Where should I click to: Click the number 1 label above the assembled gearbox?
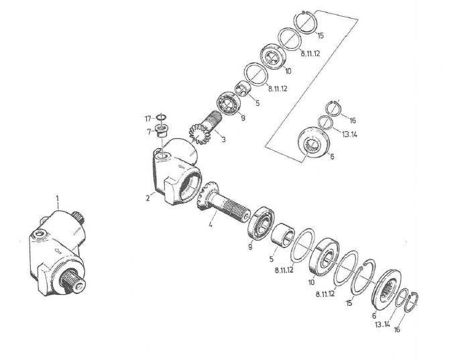(x=57, y=198)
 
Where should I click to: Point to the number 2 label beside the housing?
(x=148, y=198)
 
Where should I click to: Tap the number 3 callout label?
(x=223, y=139)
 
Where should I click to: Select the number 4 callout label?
(x=211, y=224)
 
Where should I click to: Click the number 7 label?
(x=149, y=132)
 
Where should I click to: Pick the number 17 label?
(x=148, y=119)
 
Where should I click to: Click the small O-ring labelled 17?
(x=161, y=117)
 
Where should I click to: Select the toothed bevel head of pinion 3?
(x=199, y=133)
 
